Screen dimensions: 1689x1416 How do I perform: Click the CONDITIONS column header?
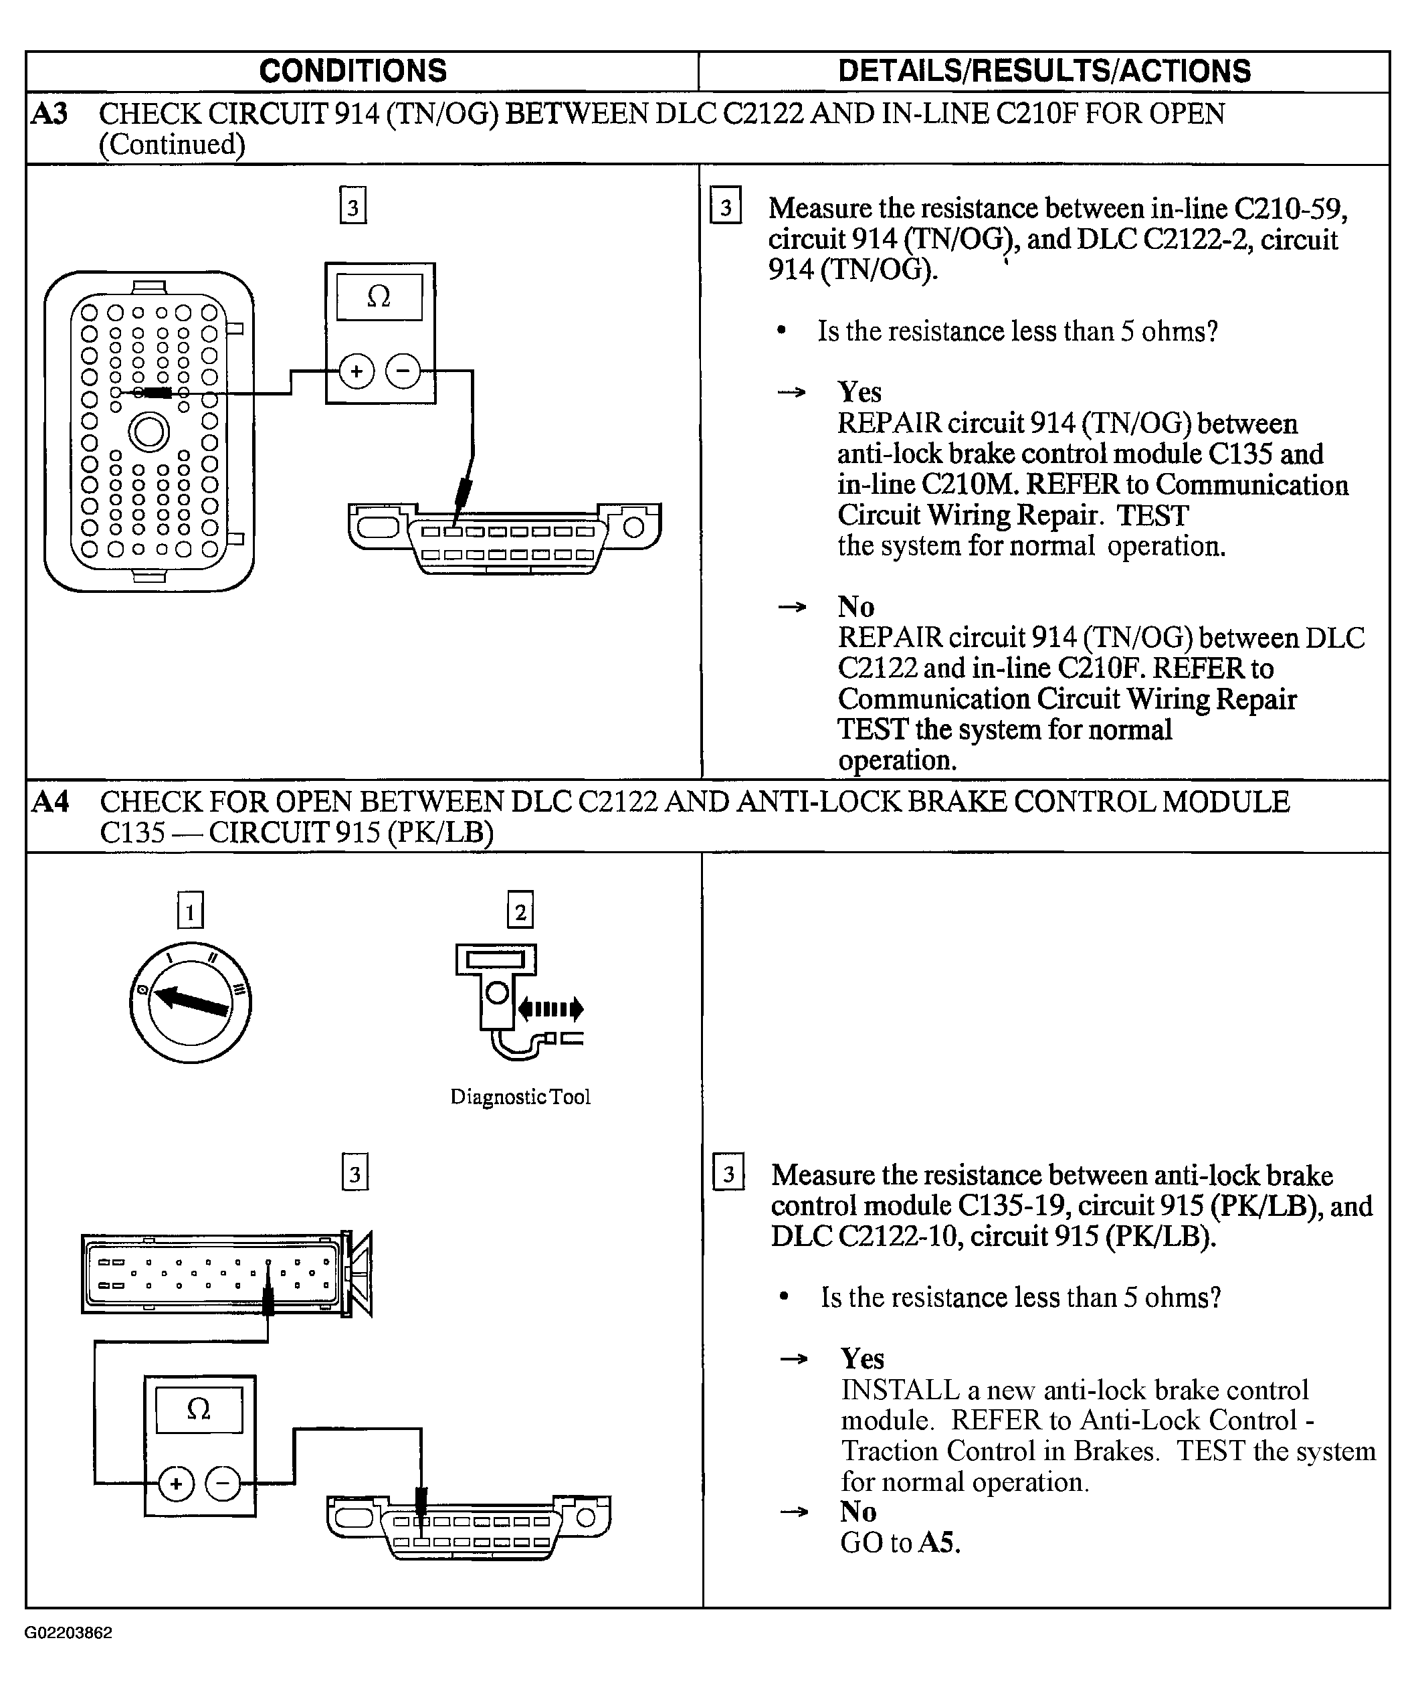pos(353,71)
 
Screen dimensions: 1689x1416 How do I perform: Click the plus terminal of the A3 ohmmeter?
pos(357,371)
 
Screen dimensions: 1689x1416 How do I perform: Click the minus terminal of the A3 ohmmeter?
pos(403,371)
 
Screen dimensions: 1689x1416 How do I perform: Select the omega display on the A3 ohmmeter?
pos(379,297)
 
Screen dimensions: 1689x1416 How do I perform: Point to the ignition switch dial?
pos(190,1003)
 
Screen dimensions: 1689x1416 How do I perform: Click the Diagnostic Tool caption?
pos(520,1097)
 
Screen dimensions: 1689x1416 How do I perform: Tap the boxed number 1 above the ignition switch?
pos(190,911)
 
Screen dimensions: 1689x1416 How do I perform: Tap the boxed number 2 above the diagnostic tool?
pos(520,911)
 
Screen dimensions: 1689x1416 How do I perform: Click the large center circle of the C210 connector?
pos(148,433)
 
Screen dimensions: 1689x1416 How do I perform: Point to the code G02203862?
pos(68,1633)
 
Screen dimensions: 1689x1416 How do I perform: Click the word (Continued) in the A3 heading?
pos(171,145)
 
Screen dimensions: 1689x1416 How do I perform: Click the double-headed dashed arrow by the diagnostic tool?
pos(550,1008)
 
